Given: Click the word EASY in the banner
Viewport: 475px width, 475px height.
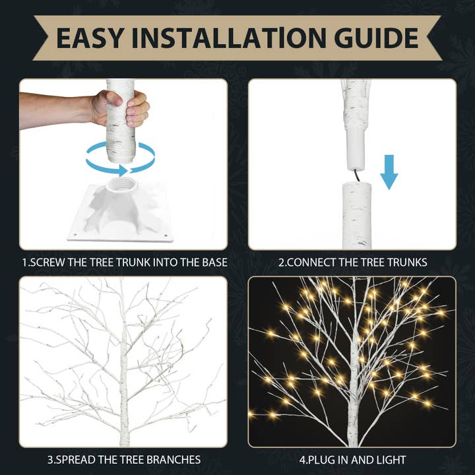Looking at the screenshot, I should click(88, 38).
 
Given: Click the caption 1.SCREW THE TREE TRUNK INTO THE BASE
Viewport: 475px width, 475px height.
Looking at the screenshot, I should click(124, 263).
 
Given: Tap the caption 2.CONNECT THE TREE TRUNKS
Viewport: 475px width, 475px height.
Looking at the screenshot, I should click(352, 263).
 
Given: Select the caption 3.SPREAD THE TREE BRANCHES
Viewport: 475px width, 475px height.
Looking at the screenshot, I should click(124, 459).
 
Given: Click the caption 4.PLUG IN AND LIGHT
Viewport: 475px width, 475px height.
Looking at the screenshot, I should click(352, 459).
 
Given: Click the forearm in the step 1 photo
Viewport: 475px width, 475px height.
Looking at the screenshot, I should click(53, 109).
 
